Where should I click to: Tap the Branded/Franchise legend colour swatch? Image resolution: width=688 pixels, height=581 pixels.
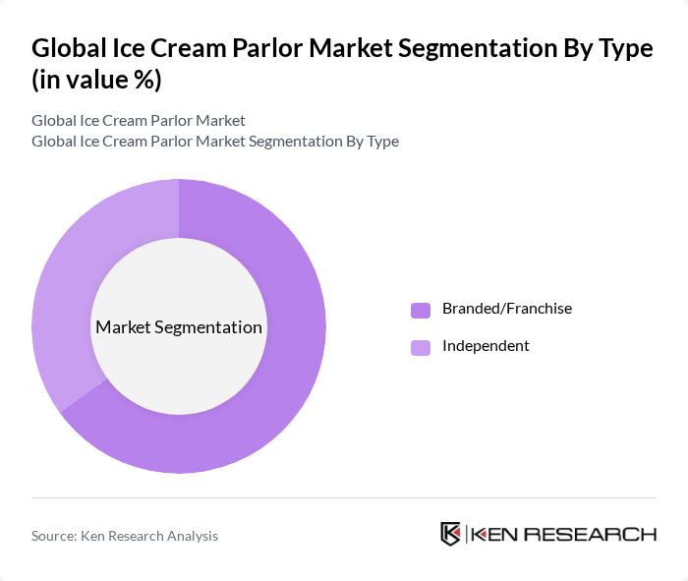(x=421, y=310)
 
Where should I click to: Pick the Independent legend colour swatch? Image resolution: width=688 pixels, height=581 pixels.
(x=421, y=347)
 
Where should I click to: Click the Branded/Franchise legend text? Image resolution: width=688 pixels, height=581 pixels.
(x=506, y=309)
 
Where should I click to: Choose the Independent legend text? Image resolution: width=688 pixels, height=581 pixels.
(x=486, y=346)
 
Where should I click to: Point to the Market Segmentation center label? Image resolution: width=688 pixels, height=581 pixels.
(x=178, y=327)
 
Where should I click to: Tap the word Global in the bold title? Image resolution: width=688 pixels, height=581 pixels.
(x=68, y=48)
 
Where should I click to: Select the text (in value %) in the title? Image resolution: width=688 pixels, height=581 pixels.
(x=96, y=81)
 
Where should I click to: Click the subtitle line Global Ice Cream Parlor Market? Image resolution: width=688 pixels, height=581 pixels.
(x=139, y=121)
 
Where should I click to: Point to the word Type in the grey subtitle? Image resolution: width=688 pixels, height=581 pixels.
(x=382, y=141)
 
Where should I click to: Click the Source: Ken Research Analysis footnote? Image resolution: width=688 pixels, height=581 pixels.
(x=125, y=536)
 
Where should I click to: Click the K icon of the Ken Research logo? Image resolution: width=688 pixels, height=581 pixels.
(x=450, y=534)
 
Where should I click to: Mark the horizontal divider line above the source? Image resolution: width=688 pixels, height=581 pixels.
(x=344, y=497)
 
